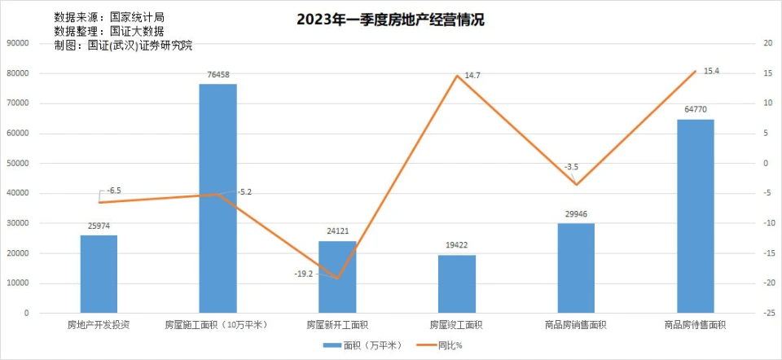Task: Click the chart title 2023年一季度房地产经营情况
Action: point(390,20)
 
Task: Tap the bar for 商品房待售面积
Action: point(695,216)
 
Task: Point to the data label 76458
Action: point(217,75)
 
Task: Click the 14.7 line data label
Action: point(472,76)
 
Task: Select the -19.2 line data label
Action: point(305,274)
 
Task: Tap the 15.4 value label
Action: point(711,72)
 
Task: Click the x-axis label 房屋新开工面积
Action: point(337,325)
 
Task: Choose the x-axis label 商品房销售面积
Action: point(576,325)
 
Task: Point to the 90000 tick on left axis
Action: point(17,43)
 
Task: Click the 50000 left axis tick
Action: point(17,163)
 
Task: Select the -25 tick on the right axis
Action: point(767,314)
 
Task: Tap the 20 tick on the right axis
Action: point(767,43)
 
